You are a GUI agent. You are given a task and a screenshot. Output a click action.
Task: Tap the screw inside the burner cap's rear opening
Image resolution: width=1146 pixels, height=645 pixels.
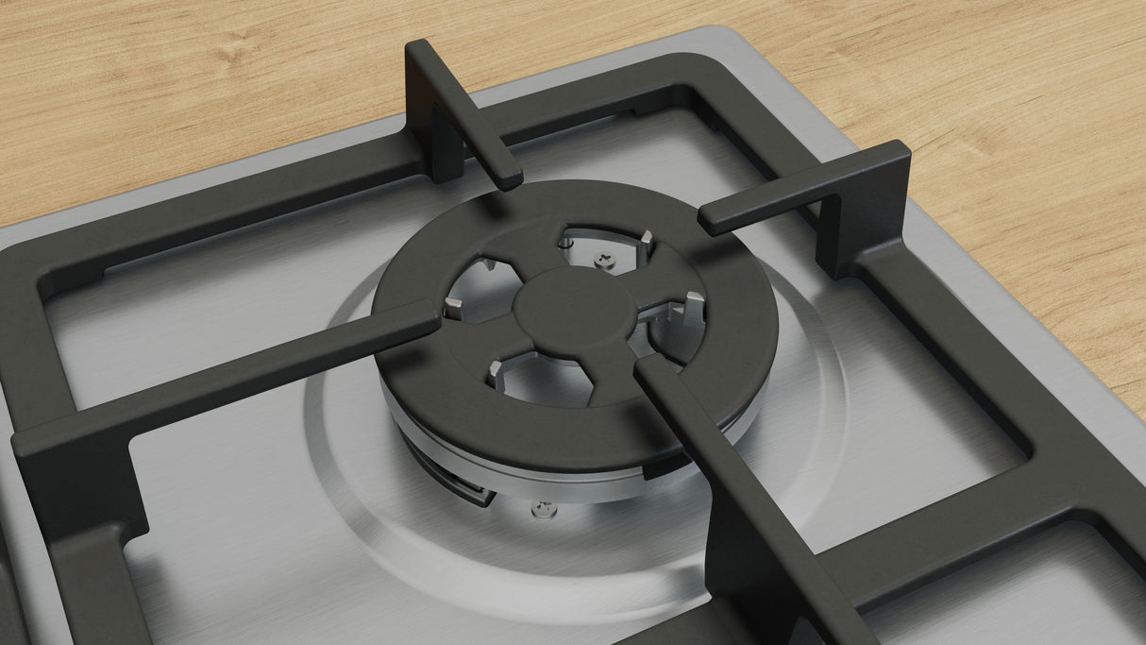[603, 257]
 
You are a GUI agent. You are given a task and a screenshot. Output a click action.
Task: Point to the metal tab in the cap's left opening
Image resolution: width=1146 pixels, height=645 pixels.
[453, 304]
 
